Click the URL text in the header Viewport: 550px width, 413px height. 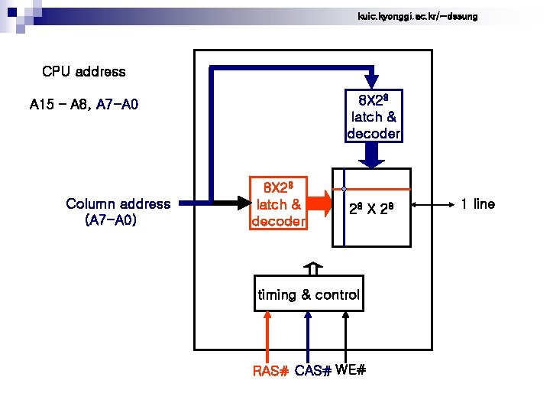click(417, 16)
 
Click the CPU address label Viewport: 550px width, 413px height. click(84, 72)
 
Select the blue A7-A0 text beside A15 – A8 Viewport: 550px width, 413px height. click(117, 105)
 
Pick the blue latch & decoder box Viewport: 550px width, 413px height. click(374, 116)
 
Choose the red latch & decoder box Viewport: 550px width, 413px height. click(279, 204)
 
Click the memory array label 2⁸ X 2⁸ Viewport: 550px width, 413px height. click(370, 208)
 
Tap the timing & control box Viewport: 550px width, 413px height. click(308, 294)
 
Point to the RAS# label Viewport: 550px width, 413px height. click(270, 372)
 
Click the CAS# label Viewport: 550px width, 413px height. click(312, 372)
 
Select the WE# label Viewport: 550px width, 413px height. click(351, 371)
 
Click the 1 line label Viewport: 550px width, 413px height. click(477, 204)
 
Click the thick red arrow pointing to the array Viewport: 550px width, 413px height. click(320, 204)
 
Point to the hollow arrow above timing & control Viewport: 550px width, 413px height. click(312, 269)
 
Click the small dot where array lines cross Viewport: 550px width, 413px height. click(345, 188)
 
